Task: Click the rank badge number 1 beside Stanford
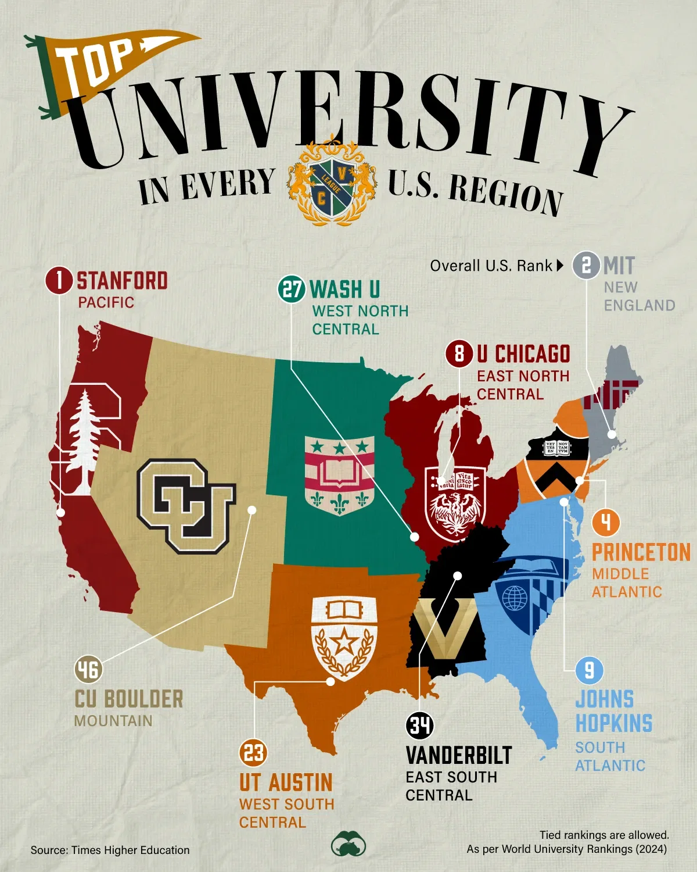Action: point(59,281)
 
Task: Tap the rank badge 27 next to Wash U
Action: point(292,289)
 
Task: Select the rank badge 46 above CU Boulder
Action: point(88,669)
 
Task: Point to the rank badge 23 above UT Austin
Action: point(253,753)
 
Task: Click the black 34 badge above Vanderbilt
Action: point(420,726)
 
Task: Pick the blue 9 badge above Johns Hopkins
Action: point(589,671)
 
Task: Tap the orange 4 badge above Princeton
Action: point(606,522)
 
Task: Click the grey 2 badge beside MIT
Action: point(586,266)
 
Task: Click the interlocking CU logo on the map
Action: point(186,505)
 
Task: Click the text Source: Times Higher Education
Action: point(110,850)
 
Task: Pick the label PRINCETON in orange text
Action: point(641,552)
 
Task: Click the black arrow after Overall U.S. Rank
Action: point(560,266)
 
